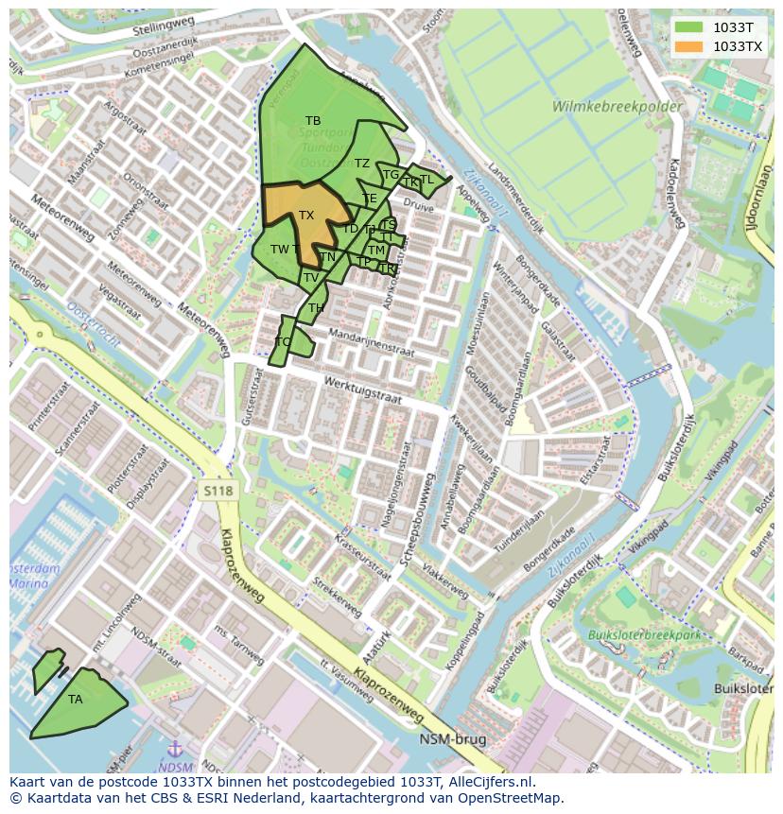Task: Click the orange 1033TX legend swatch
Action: (689, 46)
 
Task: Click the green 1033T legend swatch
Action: (689, 27)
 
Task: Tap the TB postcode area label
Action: (313, 121)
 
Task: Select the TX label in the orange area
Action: (306, 216)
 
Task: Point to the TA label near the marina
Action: (76, 700)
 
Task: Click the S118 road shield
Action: (217, 490)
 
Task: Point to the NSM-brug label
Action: (453, 739)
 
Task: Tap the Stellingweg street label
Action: (165, 30)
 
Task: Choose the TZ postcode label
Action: (362, 164)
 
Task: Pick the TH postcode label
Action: (316, 308)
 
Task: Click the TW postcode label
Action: (280, 250)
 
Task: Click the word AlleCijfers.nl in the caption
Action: (490, 783)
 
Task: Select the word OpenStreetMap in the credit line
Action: (512, 798)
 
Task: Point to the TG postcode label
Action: (391, 175)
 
